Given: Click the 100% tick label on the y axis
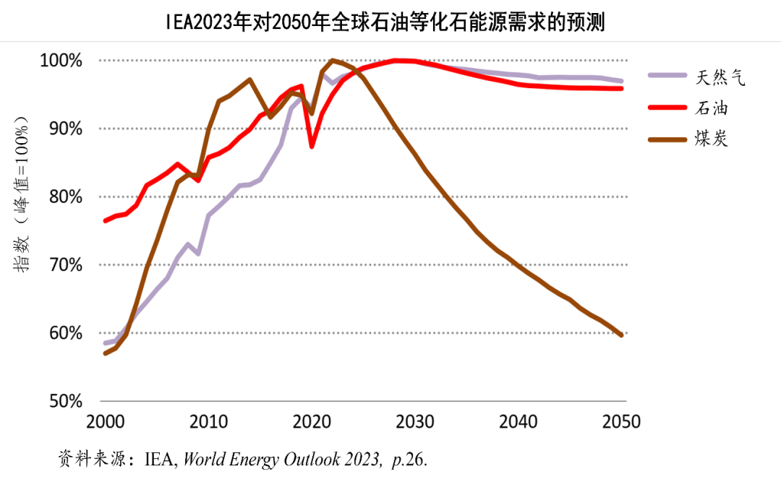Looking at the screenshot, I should tap(61, 60).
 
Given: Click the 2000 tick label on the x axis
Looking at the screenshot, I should tap(105, 422).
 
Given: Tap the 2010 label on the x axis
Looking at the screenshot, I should tap(209, 422).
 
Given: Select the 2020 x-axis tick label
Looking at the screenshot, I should tap(312, 422).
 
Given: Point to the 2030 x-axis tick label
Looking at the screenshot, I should tap(415, 422).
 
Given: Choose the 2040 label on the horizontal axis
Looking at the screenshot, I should tap(518, 422).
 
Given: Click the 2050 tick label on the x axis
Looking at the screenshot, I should tap(621, 422).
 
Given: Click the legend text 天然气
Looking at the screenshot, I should tap(720, 77).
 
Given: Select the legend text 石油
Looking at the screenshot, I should tap(712, 108).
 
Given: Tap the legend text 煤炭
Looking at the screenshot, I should tap(712, 139).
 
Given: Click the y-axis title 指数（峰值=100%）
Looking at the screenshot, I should tap(21, 194).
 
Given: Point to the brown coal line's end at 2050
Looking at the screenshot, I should tap(621, 335).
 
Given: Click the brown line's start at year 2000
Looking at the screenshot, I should tap(106, 353).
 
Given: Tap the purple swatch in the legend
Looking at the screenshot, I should tap(667, 75).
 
